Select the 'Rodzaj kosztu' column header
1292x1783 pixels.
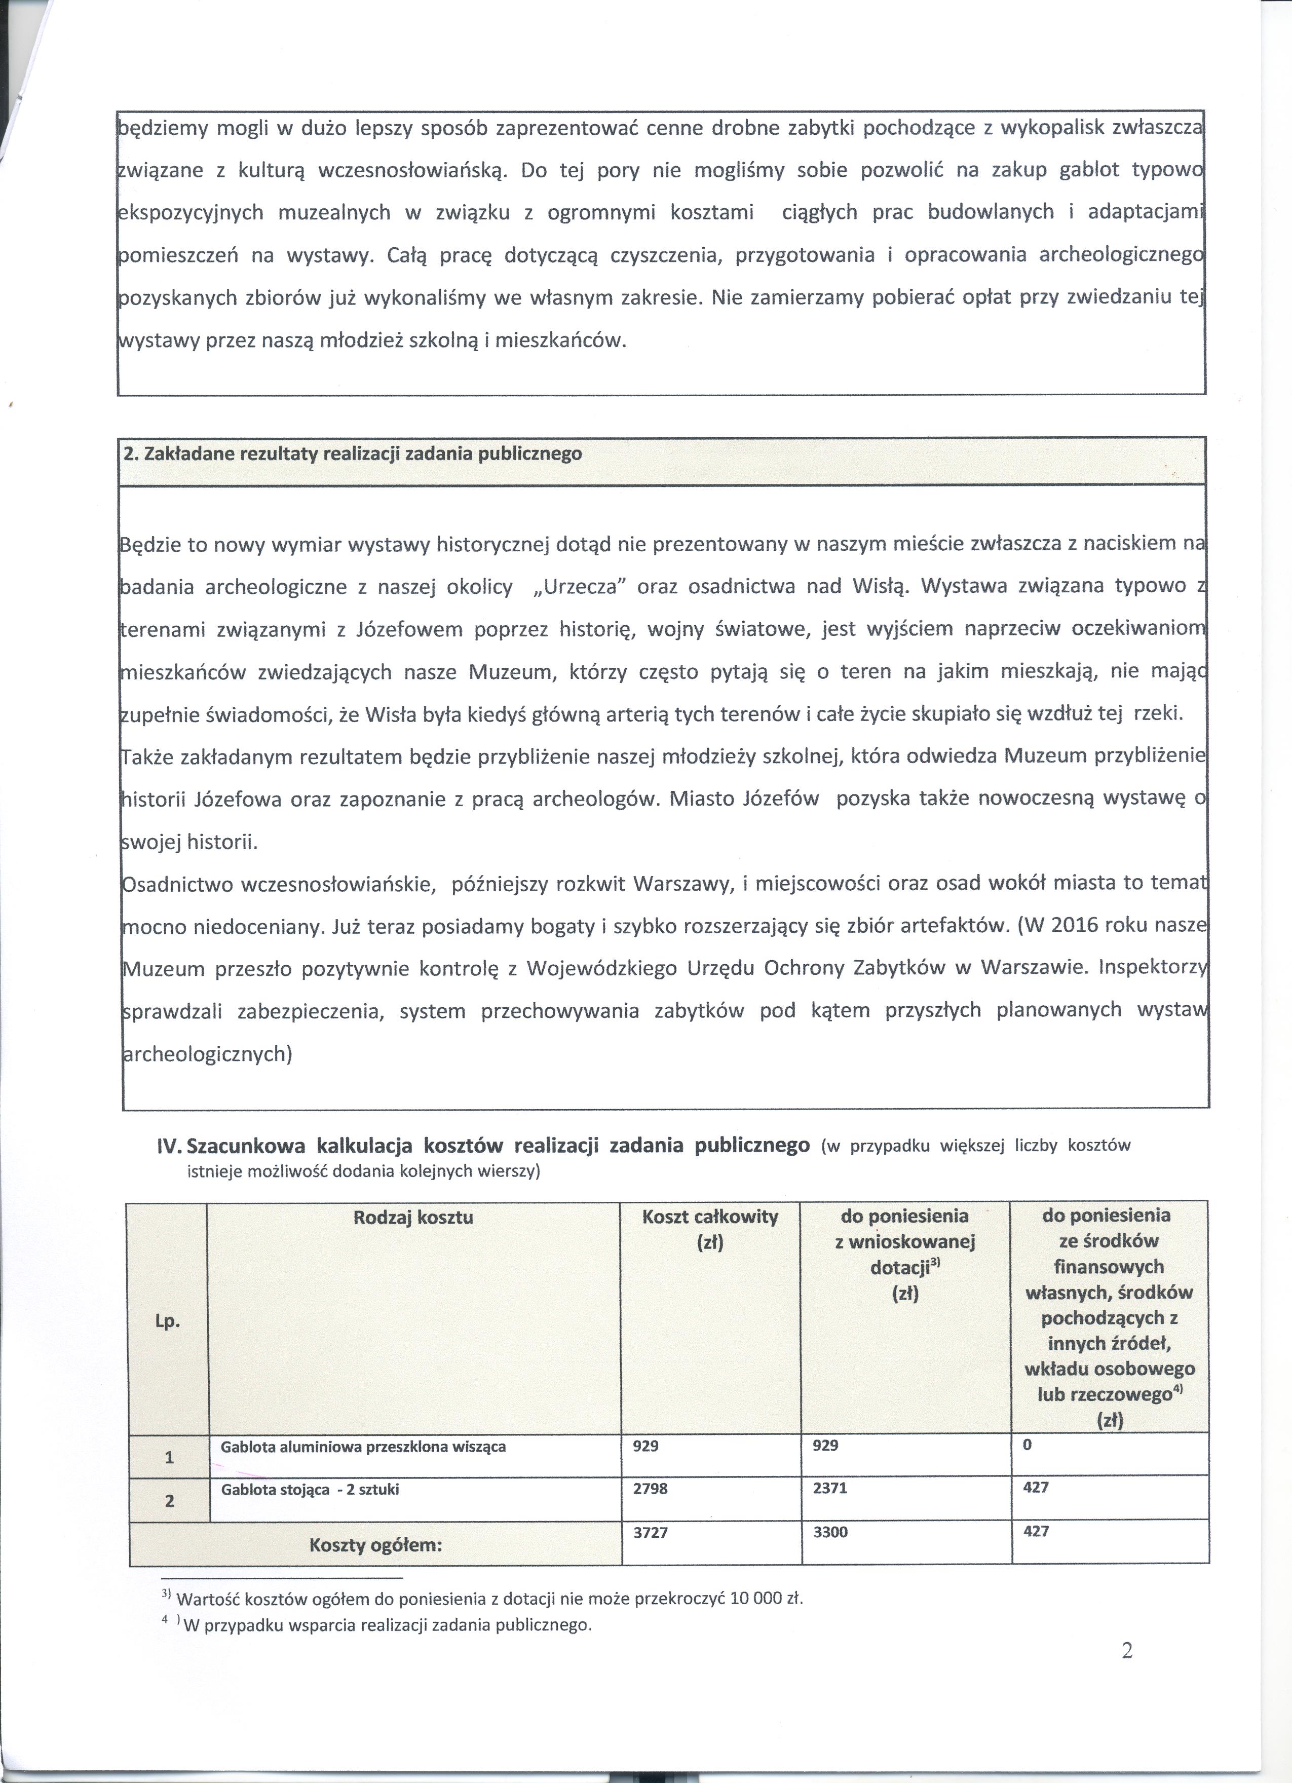coord(413,1218)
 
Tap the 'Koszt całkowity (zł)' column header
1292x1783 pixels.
coord(709,1230)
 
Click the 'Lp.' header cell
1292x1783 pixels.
coord(168,1321)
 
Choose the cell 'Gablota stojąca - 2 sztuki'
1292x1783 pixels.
coord(310,1490)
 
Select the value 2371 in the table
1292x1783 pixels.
coord(829,1488)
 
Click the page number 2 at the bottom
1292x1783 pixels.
coord(1127,1652)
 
